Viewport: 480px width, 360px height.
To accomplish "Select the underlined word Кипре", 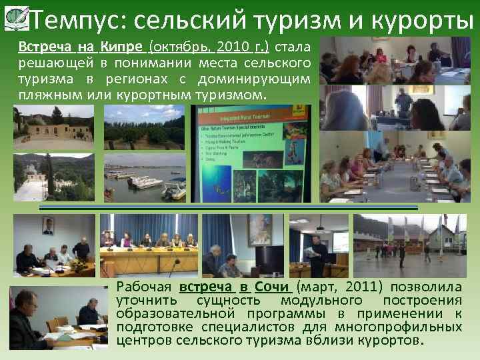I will (x=123, y=48).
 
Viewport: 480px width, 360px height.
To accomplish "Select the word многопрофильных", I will (x=406, y=328).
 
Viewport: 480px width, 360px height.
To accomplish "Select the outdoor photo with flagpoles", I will (x=409, y=245).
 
